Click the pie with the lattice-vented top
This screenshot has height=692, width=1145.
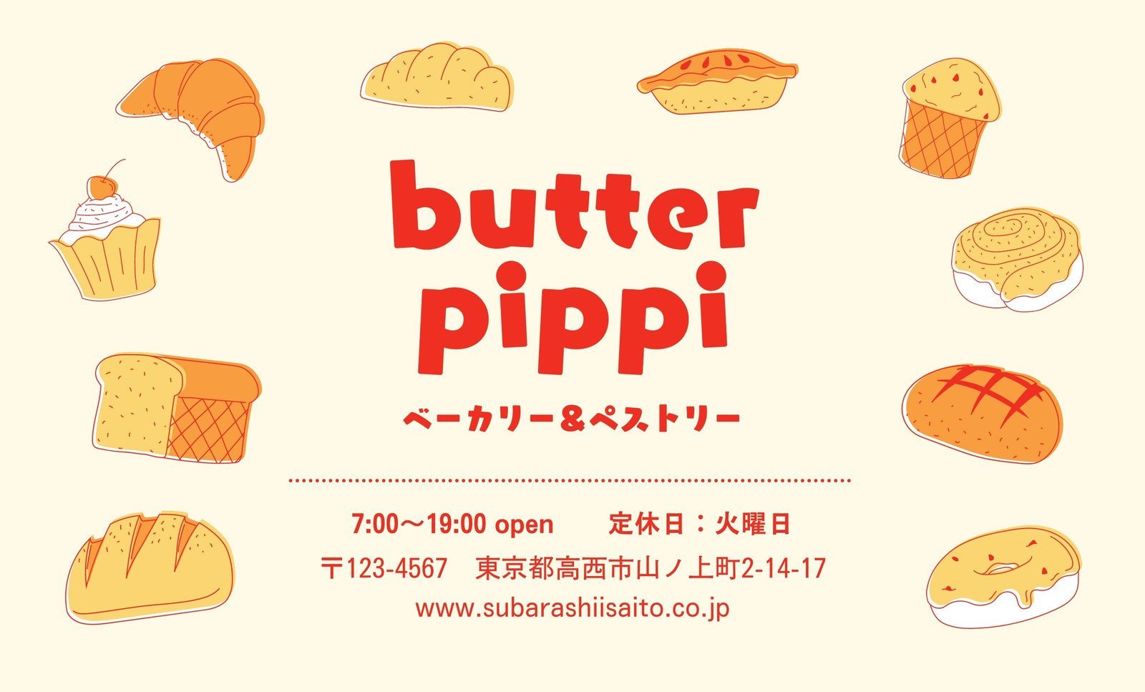point(717,81)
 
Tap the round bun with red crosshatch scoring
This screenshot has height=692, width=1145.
point(982,413)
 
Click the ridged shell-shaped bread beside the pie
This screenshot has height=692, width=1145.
point(437,77)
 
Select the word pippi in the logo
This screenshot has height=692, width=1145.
point(572,318)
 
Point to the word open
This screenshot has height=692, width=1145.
point(524,526)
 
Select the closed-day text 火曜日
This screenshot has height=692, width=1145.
point(752,525)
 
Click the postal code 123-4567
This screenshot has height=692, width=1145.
point(396,568)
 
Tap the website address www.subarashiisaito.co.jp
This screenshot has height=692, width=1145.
point(572,609)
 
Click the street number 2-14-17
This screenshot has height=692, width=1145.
point(783,568)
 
